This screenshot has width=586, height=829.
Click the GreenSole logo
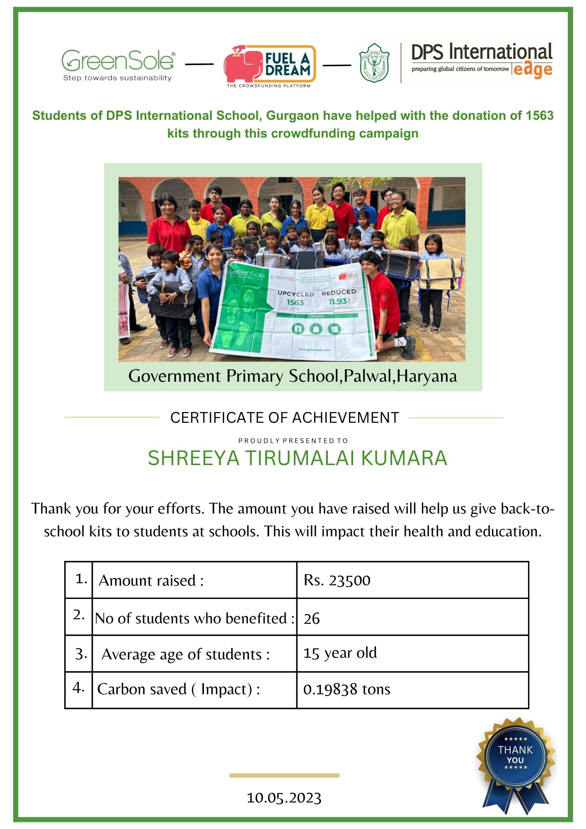[x=118, y=65]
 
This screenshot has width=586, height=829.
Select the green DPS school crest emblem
[x=374, y=63]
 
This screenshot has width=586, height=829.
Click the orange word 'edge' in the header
[x=533, y=70]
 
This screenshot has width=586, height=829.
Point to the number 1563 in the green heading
[x=540, y=115]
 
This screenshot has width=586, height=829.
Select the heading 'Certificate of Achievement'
[x=284, y=417]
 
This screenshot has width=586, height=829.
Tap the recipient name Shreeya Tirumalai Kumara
[x=297, y=458]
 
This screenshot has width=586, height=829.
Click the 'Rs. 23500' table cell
[x=337, y=580]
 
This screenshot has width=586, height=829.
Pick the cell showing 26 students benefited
[x=312, y=618]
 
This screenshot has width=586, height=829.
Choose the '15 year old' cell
[x=340, y=653]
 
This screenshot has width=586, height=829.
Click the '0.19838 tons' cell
[x=346, y=689]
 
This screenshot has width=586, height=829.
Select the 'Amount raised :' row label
[x=151, y=580]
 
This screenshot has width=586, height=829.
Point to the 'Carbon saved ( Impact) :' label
[x=179, y=689]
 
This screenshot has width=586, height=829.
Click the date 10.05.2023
[x=284, y=798]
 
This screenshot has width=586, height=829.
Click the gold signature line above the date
[x=284, y=775]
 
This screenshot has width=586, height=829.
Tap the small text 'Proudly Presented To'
[x=293, y=441]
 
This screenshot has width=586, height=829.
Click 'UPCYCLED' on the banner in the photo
[x=295, y=293]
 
